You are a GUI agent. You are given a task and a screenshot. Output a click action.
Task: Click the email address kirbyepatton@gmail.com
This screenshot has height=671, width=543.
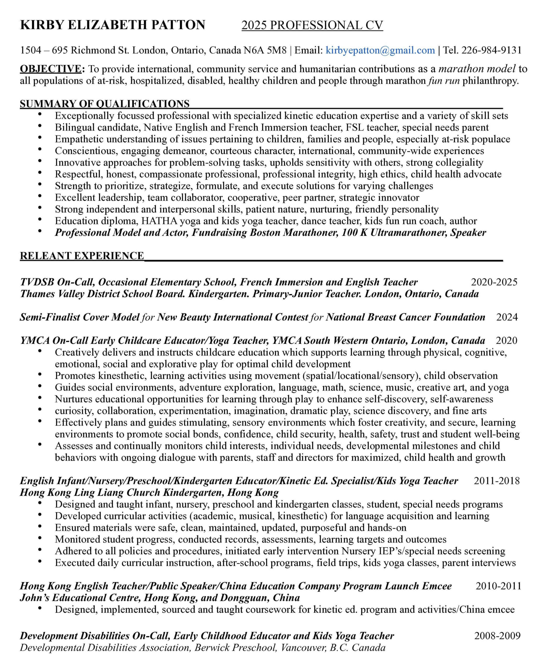coord(380,50)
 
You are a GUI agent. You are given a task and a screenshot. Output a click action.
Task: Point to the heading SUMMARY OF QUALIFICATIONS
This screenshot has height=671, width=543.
coord(105,104)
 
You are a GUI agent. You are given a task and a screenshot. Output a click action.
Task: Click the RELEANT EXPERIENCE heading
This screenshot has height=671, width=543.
coord(82,256)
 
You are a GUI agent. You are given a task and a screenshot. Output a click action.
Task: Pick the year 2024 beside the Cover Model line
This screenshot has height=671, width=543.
coord(507,317)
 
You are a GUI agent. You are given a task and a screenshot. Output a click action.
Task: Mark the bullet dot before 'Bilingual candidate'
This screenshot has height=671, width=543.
coord(40,126)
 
